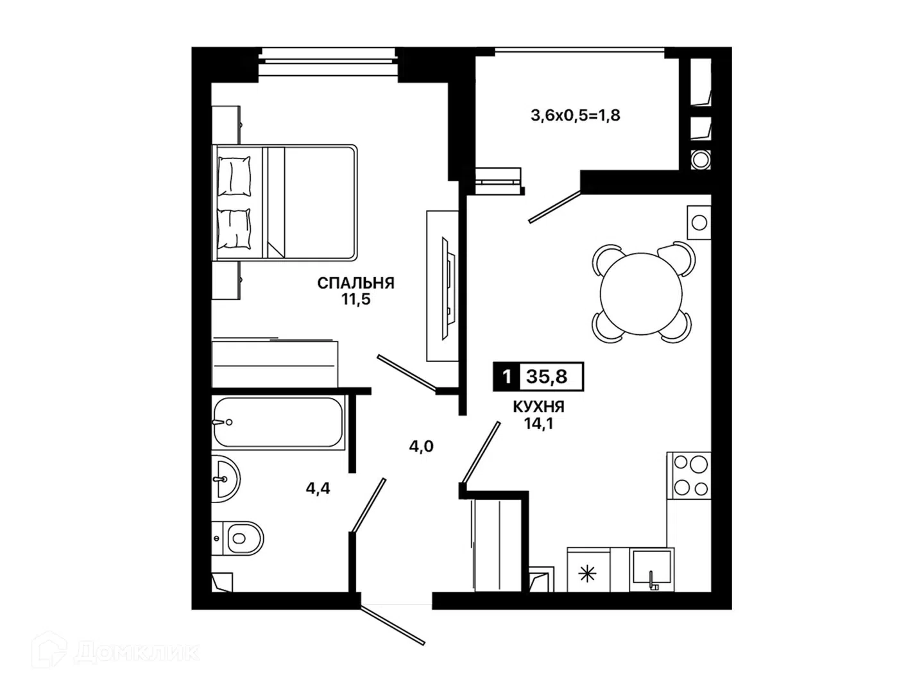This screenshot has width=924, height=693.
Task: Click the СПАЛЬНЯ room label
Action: pos(355,283)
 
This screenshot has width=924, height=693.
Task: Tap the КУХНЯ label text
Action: pos(538,407)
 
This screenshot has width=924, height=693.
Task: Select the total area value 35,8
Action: pos(547,377)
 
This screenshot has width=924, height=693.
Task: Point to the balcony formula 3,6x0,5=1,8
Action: pos(575,116)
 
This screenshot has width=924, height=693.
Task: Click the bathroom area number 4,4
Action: pos(318,488)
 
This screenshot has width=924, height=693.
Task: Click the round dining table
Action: pos(640,294)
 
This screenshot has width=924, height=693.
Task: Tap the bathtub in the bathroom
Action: pos(278,422)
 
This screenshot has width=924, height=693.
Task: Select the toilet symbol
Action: pos(238,538)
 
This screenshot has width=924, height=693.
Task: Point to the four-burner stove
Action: pos(689,475)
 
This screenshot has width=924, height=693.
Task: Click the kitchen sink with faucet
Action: pos(651,570)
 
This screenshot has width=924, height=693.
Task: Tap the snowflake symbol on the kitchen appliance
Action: pos(587,574)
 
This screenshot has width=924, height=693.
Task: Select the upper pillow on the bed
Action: pos(234,176)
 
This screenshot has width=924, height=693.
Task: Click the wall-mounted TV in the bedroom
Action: pos(449,288)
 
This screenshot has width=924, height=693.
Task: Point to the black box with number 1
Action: pos(507,377)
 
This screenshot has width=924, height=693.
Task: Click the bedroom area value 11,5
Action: pos(355,300)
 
